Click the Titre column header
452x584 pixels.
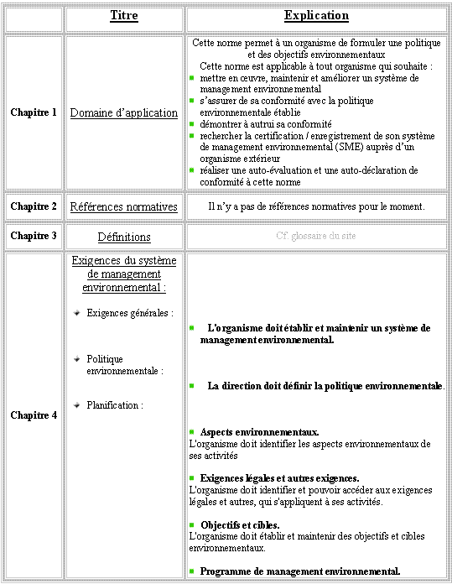tap(124, 16)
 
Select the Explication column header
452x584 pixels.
tap(317, 16)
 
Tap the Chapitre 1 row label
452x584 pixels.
tap(34, 112)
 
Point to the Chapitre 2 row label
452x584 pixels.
tap(34, 206)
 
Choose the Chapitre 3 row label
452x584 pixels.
tap(34, 236)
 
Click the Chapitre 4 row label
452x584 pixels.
tap(34, 415)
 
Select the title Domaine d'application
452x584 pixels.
tap(124, 112)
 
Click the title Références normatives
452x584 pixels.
tap(124, 206)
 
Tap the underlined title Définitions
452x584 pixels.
tap(124, 237)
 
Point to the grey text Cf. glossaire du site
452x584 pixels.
tap(316, 236)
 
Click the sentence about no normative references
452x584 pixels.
tap(316, 206)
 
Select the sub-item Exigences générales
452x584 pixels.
tap(130, 313)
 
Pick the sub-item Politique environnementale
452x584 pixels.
tap(125, 364)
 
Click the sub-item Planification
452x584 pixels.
tap(115, 405)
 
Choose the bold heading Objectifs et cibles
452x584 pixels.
tap(240, 524)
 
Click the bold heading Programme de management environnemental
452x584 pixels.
tap(299, 571)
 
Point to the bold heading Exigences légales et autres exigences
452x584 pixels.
tap(279, 478)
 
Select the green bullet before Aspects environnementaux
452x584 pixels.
tap(192, 432)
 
